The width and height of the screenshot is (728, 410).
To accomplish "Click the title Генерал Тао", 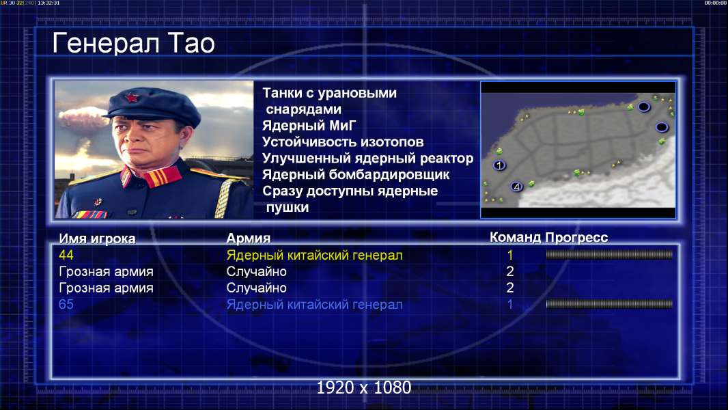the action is coord(133,43).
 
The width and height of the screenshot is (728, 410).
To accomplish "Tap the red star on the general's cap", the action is coord(132,98).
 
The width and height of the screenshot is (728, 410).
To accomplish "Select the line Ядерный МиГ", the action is coord(309,125).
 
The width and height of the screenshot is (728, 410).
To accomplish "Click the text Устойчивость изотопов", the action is coord(343,141).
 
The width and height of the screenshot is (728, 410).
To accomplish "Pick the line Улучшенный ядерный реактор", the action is coord(367,159).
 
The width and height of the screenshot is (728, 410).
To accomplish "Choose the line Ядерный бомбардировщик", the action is coord(356,174).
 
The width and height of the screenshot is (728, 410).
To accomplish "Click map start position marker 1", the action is coord(499,165).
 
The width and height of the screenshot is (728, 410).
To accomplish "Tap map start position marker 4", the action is coord(516,187).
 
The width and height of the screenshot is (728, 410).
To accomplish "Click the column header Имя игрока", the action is coord(97,238).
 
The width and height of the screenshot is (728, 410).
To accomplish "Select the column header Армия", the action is coord(248,238).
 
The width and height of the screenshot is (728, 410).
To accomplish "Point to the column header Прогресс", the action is coord(576,237).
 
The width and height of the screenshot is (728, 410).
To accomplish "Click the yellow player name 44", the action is coord(66,255).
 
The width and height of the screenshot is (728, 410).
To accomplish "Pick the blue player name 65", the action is coord(66,304).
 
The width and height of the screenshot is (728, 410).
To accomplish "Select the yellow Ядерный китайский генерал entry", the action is coord(314,256).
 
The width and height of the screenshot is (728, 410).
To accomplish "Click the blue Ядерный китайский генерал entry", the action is coord(314,305).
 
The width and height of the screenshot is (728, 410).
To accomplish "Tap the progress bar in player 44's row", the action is coord(609,254).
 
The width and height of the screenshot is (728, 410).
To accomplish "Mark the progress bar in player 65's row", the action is coord(609,304).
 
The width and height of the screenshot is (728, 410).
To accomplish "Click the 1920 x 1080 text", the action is coord(363,387).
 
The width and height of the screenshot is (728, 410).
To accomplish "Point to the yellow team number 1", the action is coord(509,255).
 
